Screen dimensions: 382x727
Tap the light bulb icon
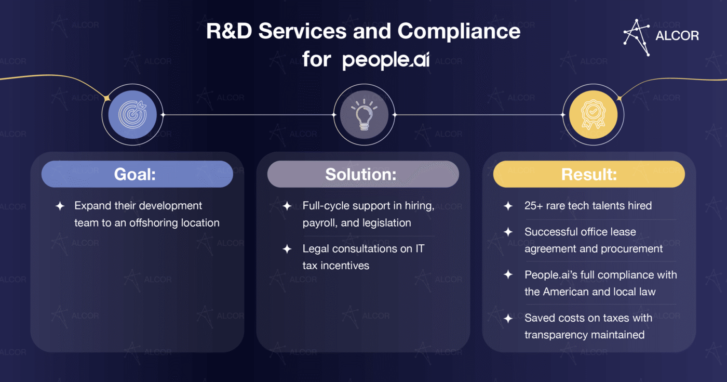click(363, 114)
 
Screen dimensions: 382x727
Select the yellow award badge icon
click(593, 114)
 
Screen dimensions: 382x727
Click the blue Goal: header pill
click(137, 174)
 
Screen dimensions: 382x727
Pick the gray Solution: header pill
click(363, 174)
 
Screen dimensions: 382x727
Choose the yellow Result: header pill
click(589, 174)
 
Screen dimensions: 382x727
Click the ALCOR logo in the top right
click(661, 36)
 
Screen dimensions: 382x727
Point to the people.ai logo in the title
click(385, 60)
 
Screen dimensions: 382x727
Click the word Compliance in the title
click(459, 32)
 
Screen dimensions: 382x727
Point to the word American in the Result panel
click(569, 292)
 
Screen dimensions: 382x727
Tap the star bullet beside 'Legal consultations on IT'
click(287, 249)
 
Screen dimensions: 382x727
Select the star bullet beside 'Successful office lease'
click(508, 232)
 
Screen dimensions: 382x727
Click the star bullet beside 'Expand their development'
click(60, 206)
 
